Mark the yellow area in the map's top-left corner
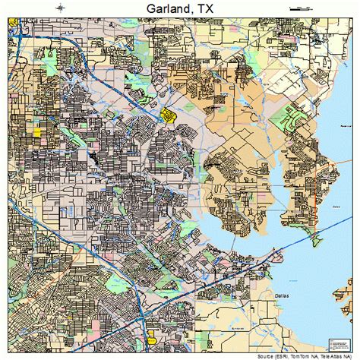click(x=13, y=31)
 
